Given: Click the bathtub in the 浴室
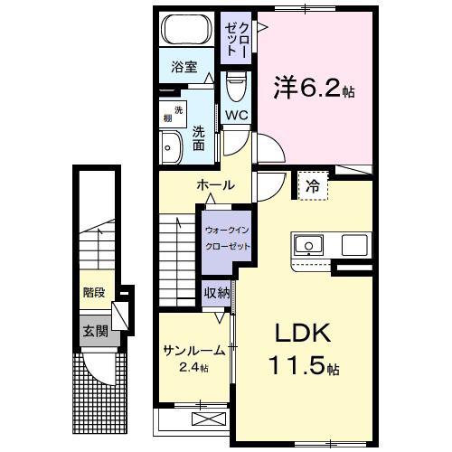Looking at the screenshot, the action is point(186,29).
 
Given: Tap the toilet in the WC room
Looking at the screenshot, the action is point(236,86).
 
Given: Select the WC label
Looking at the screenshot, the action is point(237,115).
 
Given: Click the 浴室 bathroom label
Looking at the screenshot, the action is point(184,67).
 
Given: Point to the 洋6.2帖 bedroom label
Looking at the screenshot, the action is point(315,88).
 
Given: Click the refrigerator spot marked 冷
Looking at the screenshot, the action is point(313,185).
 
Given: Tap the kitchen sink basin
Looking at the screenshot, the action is point(309,245).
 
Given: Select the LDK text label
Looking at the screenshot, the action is point(304,333).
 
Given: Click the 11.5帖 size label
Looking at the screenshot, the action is point(305,365).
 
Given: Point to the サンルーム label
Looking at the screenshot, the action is point(194,351).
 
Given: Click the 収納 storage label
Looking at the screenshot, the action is point(217,293).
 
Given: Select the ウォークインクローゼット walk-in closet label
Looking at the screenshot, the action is point(227,239).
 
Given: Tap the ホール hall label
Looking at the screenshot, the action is point(216,185).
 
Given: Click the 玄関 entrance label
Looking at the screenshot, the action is point(96,332).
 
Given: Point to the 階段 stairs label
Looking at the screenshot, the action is point(94,292).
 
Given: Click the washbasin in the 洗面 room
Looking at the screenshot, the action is point(171,147).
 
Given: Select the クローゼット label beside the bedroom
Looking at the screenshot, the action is point(237,39).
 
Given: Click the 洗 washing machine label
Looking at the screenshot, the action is point(178,110).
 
